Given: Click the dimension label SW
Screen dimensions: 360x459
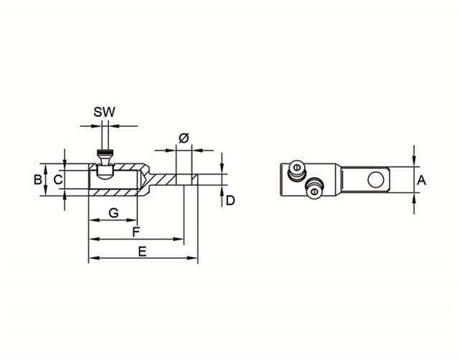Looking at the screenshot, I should (105, 112).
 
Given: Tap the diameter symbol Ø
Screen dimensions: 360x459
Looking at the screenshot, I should (183, 138).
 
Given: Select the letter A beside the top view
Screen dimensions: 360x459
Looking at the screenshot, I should (422, 181).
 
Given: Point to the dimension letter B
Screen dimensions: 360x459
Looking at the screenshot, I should (38, 179).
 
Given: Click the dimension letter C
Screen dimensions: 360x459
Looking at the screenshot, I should (58, 179).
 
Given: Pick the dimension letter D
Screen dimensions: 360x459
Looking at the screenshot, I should (230, 201).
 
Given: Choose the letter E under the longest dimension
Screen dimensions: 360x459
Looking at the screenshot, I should (142, 251).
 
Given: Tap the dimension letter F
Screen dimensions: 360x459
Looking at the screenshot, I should (136, 232).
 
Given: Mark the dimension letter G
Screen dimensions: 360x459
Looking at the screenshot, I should (113, 213).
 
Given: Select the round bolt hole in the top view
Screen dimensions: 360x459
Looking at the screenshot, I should (374, 179).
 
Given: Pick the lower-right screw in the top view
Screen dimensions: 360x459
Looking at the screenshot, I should (313, 189).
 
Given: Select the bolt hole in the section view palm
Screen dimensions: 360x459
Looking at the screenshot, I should (184, 179).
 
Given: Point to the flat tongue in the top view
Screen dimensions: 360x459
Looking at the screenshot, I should (365, 179).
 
